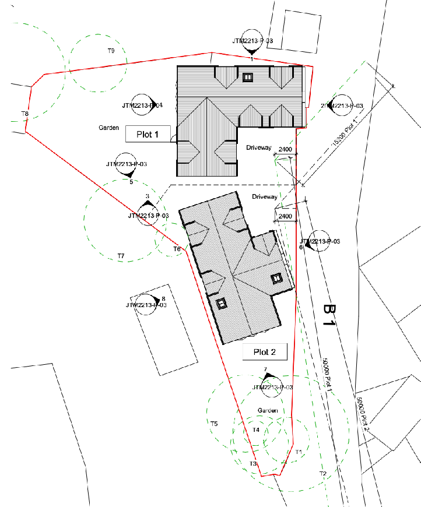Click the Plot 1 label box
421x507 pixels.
(x=148, y=134)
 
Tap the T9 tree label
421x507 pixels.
(x=111, y=51)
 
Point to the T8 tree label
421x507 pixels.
(x=25, y=114)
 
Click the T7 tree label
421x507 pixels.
(x=121, y=256)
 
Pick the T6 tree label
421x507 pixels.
(x=177, y=249)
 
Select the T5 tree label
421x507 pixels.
(x=214, y=424)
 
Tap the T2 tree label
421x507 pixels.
(x=322, y=473)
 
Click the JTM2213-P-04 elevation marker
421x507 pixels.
(x=142, y=105)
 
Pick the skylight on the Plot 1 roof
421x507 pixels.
(x=248, y=77)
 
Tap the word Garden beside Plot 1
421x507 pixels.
(x=108, y=127)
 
